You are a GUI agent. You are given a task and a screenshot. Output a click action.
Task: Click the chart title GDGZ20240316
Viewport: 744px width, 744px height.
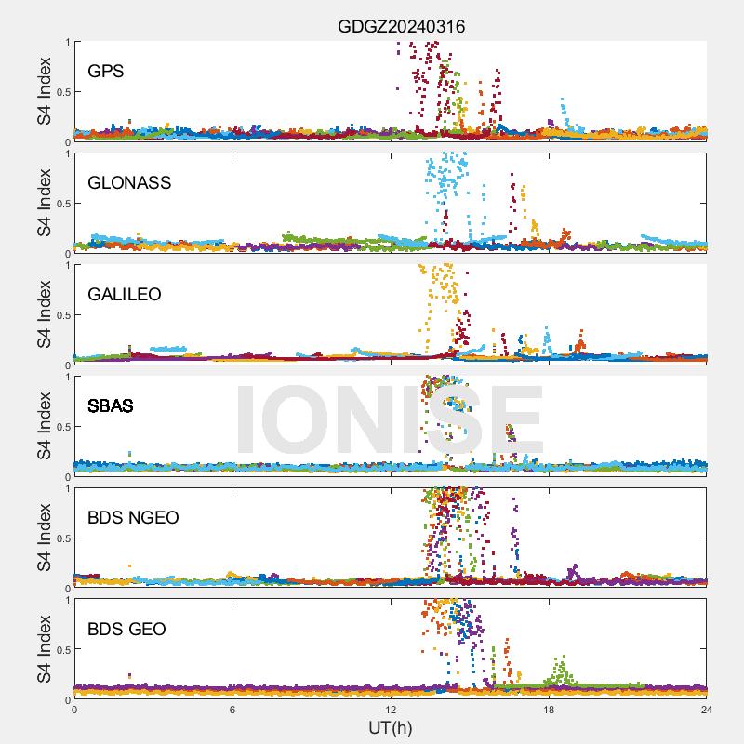tap(401, 27)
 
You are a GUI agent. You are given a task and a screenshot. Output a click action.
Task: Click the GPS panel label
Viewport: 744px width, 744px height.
tap(106, 71)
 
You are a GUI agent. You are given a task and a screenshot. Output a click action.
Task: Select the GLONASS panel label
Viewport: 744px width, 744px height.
tap(129, 182)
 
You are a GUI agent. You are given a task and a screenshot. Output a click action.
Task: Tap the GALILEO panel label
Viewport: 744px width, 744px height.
tap(125, 294)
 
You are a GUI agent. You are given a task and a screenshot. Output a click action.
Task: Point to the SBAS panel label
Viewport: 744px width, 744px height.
tap(110, 405)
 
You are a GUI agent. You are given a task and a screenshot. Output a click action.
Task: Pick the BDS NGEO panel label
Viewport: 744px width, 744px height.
tap(133, 517)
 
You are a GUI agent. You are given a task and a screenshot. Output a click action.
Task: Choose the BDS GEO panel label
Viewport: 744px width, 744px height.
tap(126, 629)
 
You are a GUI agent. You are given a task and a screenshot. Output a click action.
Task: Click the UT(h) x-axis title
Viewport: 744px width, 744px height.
tap(391, 727)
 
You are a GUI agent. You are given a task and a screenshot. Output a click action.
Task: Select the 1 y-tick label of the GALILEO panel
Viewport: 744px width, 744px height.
tap(67, 265)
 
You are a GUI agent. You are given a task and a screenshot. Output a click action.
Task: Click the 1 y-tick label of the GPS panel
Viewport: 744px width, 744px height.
tap(67, 42)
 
